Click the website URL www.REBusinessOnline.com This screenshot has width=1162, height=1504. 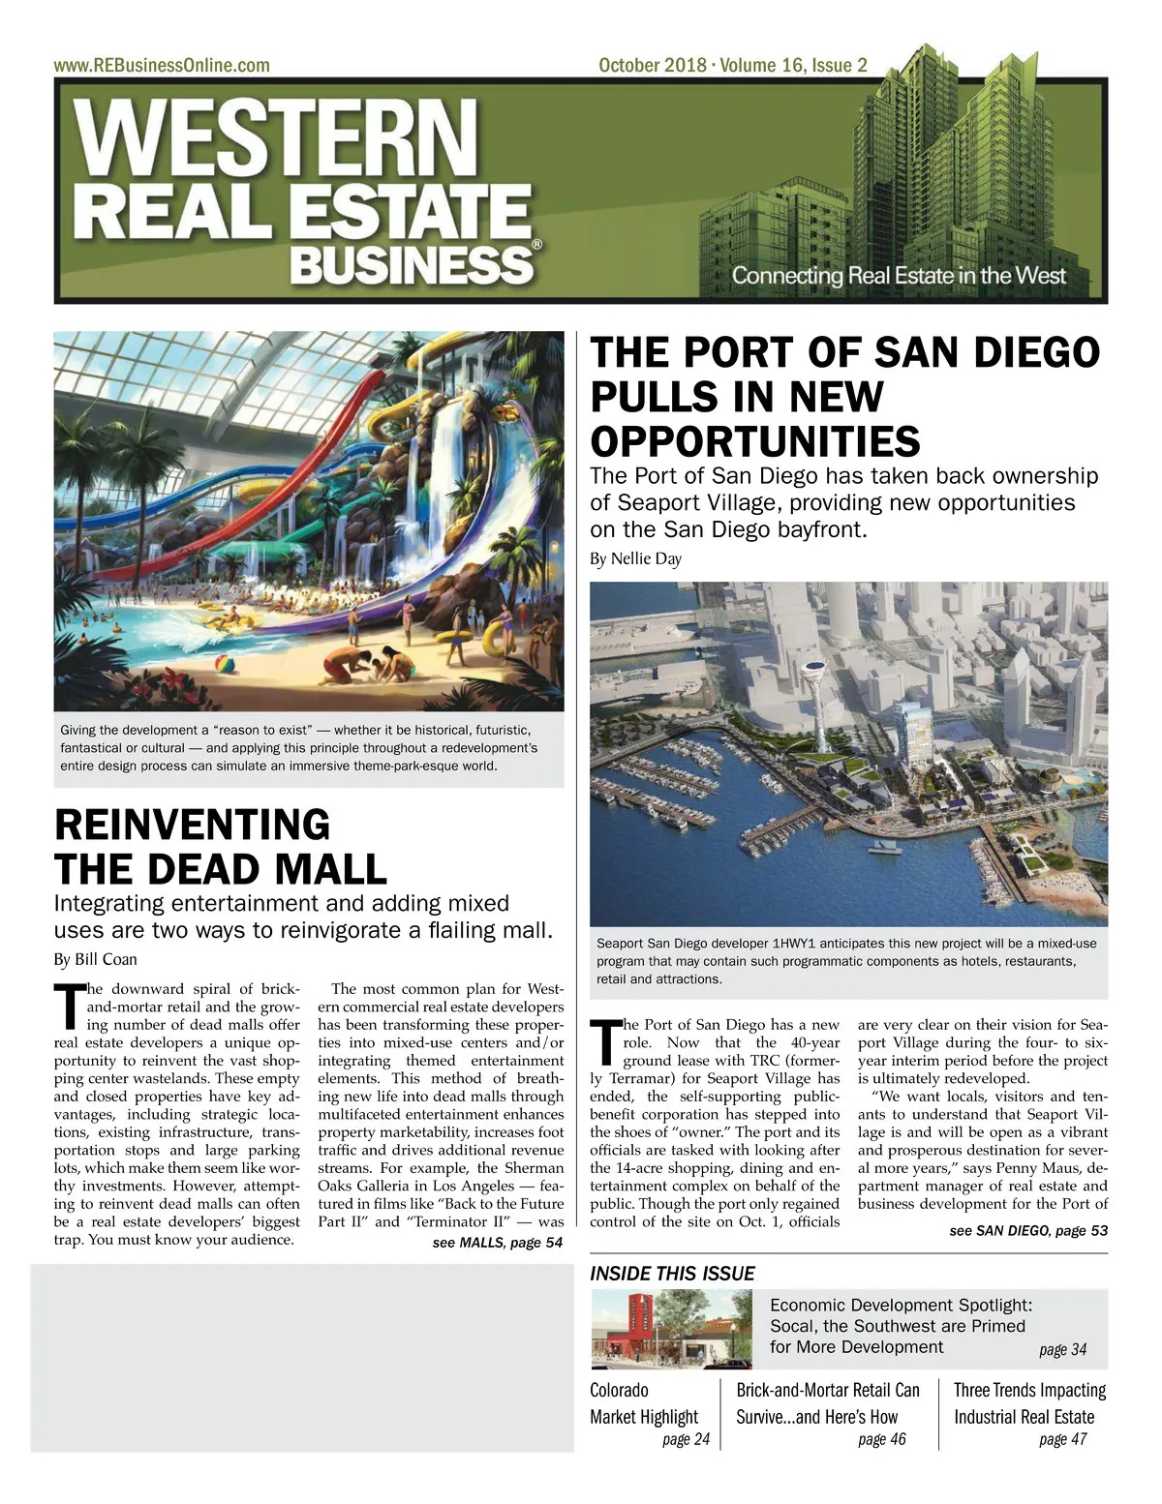tap(162, 66)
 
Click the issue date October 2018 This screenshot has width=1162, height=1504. tap(652, 66)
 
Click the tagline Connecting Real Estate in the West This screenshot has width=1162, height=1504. tap(898, 276)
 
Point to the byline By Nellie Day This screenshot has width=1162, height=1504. tap(635, 559)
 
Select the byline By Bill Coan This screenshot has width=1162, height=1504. tap(95, 959)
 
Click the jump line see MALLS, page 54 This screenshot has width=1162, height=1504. tap(497, 1243)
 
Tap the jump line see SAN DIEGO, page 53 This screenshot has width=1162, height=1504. tap(1028, 1230)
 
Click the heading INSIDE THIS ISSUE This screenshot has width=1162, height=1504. tap(672, 1274)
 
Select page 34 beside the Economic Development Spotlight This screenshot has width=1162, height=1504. tap(1062, 1349)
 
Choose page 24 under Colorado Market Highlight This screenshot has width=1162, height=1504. tap(686, 1439)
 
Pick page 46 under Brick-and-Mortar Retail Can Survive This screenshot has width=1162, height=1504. tap(881, 1439)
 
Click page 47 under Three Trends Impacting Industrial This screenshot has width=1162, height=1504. tap(1062, 1439)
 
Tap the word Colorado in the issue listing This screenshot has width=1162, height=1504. tap(619, 1391)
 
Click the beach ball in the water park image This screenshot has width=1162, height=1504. tap(221, 668)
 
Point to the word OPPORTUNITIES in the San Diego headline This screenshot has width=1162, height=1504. tap(755, 442)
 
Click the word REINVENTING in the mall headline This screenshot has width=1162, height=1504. tap(192, 825)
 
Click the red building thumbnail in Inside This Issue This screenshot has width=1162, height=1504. tap(671, 1329)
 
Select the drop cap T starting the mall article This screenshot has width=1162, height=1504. tap(66, 1006)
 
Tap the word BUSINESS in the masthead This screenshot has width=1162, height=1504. tap(412, 264)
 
